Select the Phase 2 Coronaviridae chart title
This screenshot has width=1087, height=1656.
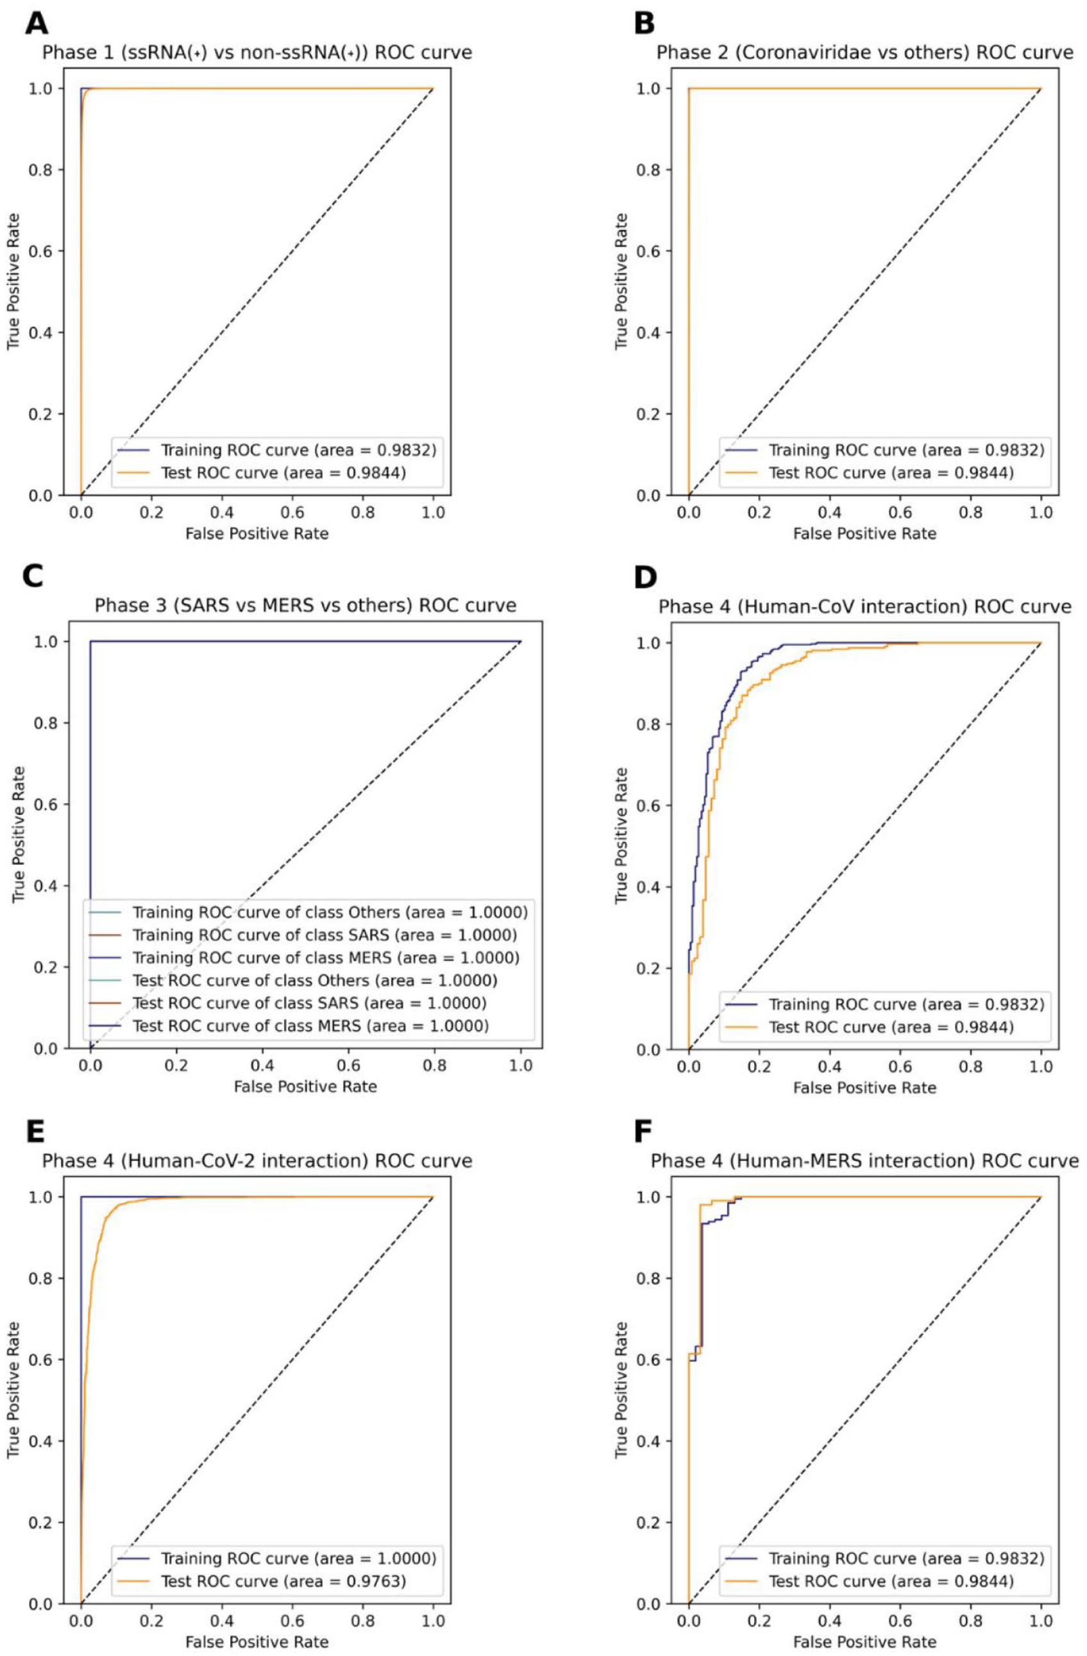point(865,52)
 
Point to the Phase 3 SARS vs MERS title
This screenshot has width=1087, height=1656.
point(305,605)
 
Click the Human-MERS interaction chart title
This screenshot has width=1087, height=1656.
point(865,1160)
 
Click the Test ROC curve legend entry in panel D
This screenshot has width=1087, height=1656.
point(869,1027)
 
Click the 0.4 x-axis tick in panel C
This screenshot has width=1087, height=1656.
point(262,1066)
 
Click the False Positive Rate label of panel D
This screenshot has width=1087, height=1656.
point(865,1087)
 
